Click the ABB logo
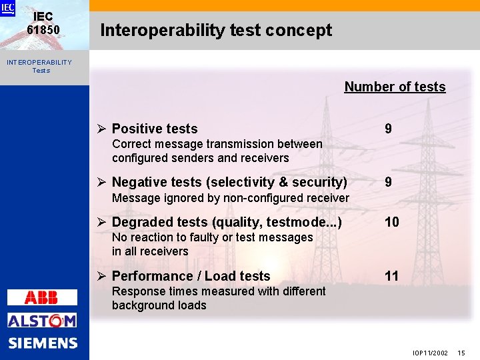[42, 298]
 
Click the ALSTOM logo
[42, 321]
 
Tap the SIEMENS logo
[43, 343]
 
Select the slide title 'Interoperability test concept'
[215, 30]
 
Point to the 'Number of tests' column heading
[395, 87]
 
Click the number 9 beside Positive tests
[388, 129]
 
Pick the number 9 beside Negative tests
[388, 182]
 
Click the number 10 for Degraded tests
[391, 222]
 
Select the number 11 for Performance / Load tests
[391, 276]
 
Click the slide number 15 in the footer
[461, 352]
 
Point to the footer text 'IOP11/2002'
[430, 352]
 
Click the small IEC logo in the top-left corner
[7, 8]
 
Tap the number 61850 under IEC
[43, 30]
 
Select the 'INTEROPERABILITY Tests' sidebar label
[39, 66]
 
